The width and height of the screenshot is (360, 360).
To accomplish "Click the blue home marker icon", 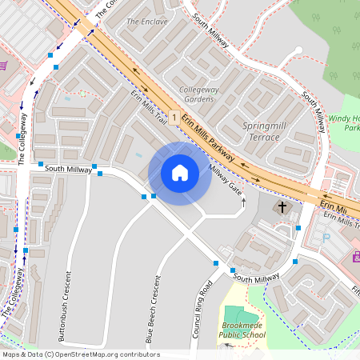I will (x=180, y=173).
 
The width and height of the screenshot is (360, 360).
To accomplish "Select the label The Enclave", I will (x=147, y=22).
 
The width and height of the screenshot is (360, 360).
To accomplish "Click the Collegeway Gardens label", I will (x=199, y=94).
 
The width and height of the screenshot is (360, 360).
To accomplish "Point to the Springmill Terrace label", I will (x=261, y=132).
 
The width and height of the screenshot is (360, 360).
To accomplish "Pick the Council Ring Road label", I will (x=203, y=308).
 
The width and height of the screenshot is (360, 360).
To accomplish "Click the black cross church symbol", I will (x=281, y=208).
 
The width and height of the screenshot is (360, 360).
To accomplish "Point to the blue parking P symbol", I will (x=325, y=238).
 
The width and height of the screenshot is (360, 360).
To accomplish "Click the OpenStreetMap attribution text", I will (x=80, y=354).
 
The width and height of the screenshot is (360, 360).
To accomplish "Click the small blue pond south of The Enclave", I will (x=139, y=154).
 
